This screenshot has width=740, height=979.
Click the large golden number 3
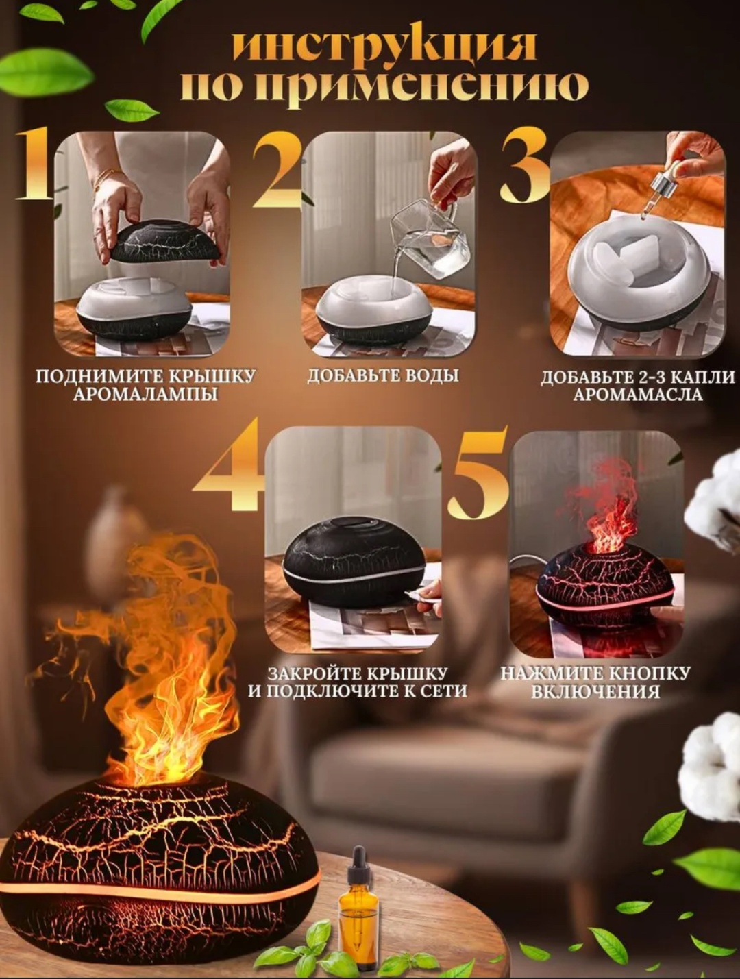pos(525,168)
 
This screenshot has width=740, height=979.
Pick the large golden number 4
pos(227,464)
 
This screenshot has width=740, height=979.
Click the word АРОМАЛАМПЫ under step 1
pos(145,395)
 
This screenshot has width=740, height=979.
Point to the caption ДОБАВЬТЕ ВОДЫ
pos(383,375)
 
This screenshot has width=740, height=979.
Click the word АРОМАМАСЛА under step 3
pos(638,395)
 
